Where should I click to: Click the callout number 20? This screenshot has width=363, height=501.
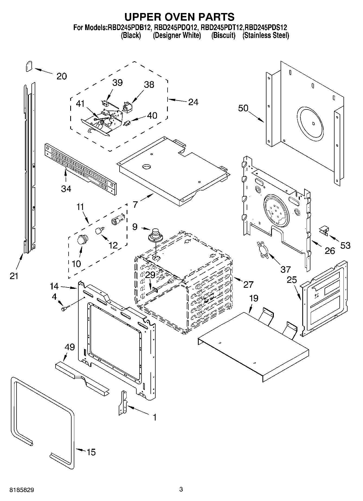pyautogui.click(x=62, y=76)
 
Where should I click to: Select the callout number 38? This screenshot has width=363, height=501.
pyautogui.click(x=149, y=85)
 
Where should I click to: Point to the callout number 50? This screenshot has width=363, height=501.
pyautogui.click(x=243, y=108)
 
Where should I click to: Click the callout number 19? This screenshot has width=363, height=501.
pyautogui.click(x=254, y=298)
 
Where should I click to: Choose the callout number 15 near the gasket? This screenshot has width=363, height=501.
pyautogui.click(x=91, y=452)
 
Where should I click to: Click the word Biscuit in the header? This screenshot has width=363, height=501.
pyautogui.click(x=223, y=35)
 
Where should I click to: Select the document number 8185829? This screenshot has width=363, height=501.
pyautogui.click(x=22, y=490)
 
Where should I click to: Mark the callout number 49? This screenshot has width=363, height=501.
pyautogui.click(x=70, y=347)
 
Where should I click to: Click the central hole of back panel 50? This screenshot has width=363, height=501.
pyautogui.click(x=313, y=124)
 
